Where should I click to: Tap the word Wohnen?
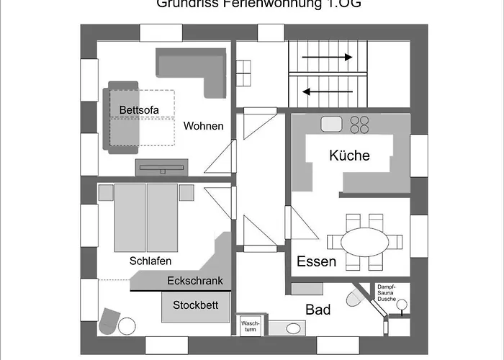[x=203, y=126]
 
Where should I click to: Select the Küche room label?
[x=349, y=156]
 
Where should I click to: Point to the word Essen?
[x=316, y=261]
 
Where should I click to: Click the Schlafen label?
[x=150, y=261]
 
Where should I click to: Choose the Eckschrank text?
[x=194, y=282]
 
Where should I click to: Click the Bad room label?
[x=318, y=310]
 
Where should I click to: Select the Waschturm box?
[x=250, y=328]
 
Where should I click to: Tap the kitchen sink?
[x=332, y=123]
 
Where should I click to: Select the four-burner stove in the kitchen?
[x=360, y=125]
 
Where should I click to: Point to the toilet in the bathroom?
[x=354, y=298]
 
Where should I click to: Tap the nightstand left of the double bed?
[x=106, y=192]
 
